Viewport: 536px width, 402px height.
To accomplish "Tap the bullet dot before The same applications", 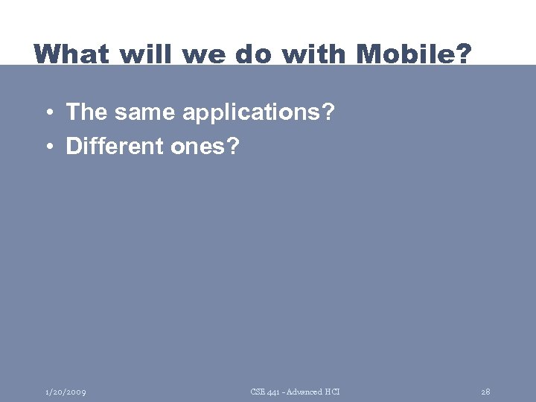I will click(x=47, y=114).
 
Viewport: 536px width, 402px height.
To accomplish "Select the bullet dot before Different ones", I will click(x=47, y=147).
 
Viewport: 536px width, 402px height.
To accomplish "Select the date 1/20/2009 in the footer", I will click(x=65, y=392).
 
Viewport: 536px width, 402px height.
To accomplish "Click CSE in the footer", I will click(x=258, y=392).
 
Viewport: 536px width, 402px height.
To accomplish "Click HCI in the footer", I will click(x=332, y=392).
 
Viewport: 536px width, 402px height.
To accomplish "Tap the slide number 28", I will click(x=485, y=392).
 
